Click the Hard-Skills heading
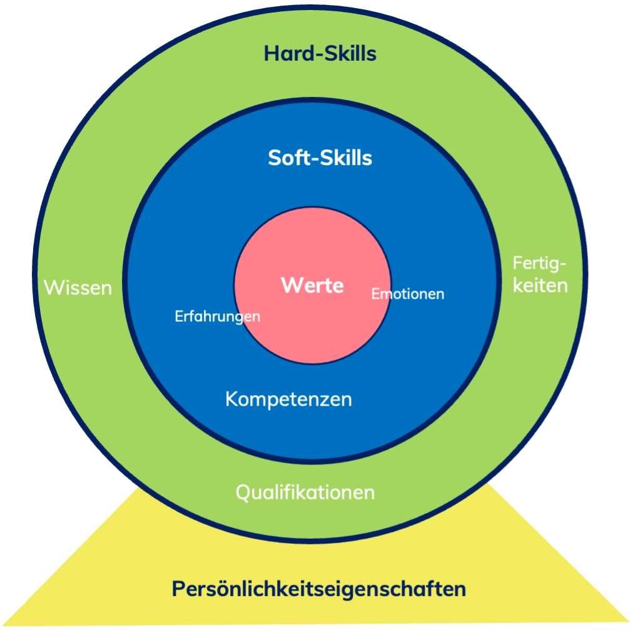pyautogui.click(x=320, y=54)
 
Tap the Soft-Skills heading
pyautogui.click(x=320, y=157)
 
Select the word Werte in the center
pyautogui.click(x=312, y=286)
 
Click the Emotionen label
pyautogui.click(x=408, y=294)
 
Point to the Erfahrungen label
pyautogui.click(x=217, y=316)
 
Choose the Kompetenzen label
pyautogui.click(x=288, y=399)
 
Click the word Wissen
pyautogui.click(x=78, y=288)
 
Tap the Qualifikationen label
pyautogui.click(x=305, y=492)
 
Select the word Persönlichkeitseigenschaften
pyautogui.click(x=319, y=589)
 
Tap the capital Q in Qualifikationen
pyautogui.click(x=243, y=492)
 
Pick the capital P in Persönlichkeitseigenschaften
pyautogui.click(x=178, y=589)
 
